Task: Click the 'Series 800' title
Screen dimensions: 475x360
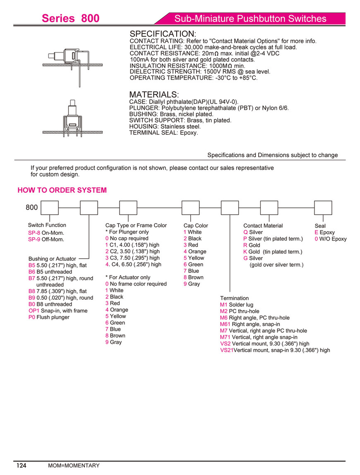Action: (x=70, y=19)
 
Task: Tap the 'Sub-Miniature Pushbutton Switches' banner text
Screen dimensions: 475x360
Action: (x=250, y=19)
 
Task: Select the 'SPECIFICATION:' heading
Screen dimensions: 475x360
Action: (x=163, y=33)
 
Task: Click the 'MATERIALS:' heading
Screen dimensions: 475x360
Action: (x=154, y=95)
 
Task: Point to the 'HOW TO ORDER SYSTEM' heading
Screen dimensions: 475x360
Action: (x=62, y=190)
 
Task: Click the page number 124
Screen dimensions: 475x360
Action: (x=21, y=465)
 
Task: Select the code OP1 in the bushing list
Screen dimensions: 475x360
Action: (x=34, y=310)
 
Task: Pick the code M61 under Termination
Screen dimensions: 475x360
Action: (x=226, y=324)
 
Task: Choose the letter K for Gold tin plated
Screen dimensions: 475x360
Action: (x=245, y=251)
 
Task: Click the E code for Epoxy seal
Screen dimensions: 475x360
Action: (x=316, y=232)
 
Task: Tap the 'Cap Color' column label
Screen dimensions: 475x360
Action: (x=196, y=225)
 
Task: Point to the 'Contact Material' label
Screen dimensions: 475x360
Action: (x=263, y=225)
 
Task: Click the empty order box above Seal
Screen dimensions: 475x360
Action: (x=323, y=208)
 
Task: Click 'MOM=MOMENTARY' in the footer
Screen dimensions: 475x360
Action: (x=74, y=465)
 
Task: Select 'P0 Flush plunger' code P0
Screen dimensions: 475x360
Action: (x=32, y=317)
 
